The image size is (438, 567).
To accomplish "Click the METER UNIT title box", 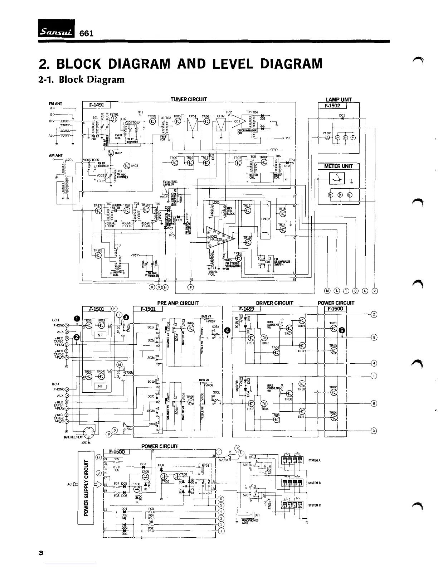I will (x=338, y=166).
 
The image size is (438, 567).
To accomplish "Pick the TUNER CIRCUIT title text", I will (x=189, y=99).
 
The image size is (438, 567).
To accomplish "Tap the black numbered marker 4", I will (x=227, y=330).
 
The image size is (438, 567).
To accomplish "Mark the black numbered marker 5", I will (x=342, y=330).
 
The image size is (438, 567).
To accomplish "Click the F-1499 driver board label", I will (x=246, y=309).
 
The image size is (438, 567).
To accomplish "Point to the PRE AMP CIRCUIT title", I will (x=178, y=303).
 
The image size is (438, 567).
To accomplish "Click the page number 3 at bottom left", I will (x=41, y=553).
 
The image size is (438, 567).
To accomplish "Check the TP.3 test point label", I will (x=287, y=138).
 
